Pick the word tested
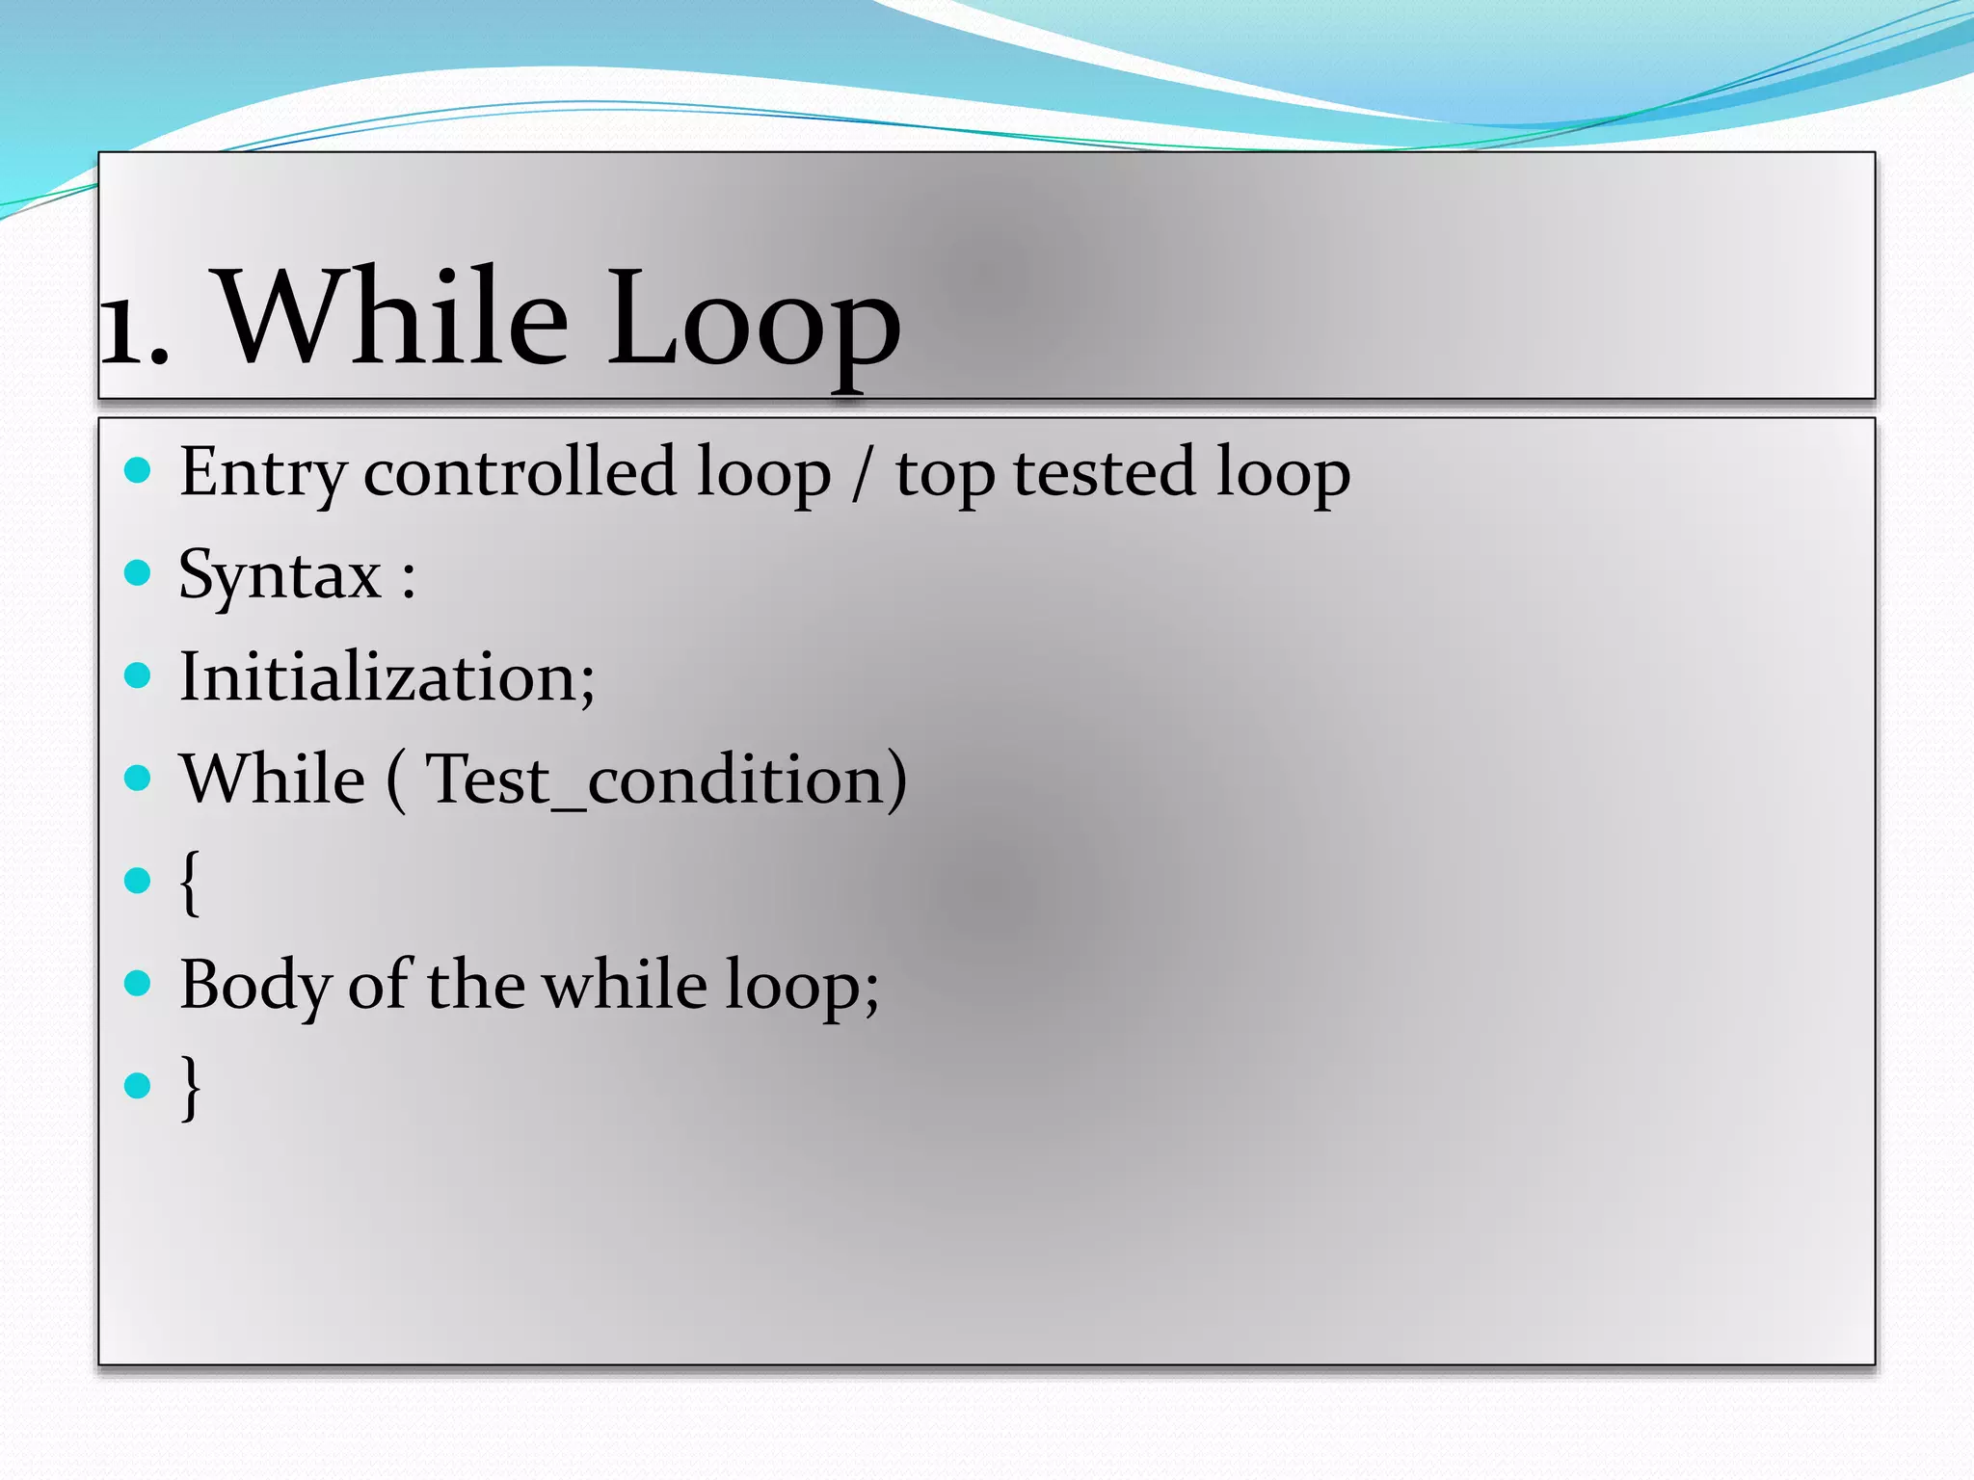[1103, 472]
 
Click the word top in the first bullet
[945, 477]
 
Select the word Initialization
[386, 677]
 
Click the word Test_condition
[665, 780]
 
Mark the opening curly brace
[190, 883]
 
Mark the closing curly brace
[191, 1087]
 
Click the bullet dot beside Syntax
[139, 573]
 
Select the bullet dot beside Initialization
[139, 675]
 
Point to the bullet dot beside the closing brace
[139, 1086]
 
